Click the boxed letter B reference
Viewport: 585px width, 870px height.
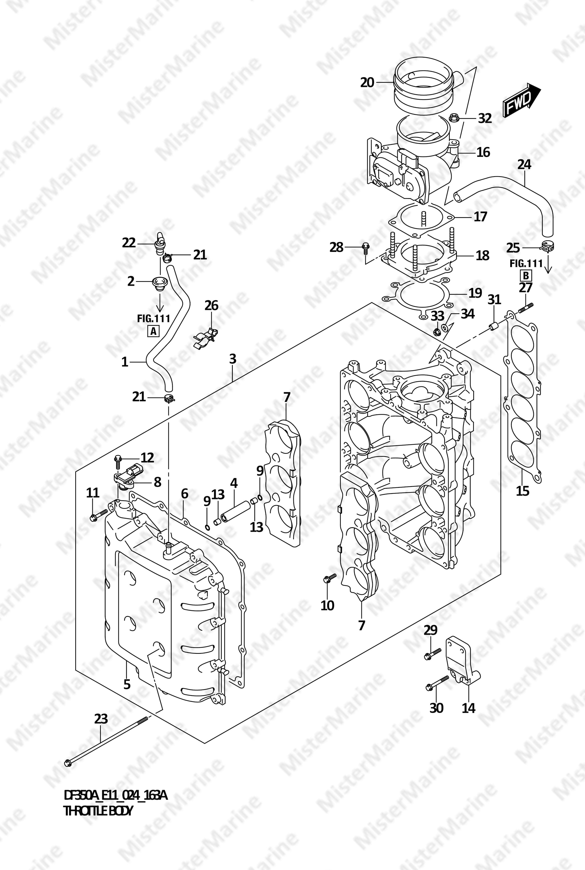[x=526, y=276]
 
